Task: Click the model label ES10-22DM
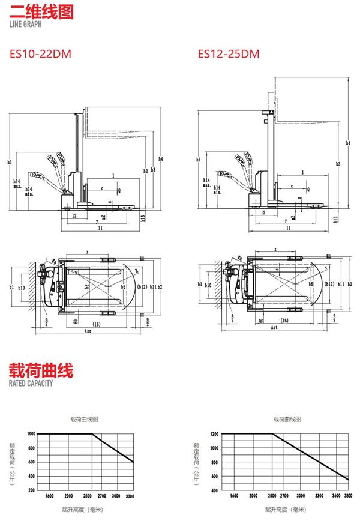(x=40, y=54)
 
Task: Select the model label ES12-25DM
(x=229, y=54)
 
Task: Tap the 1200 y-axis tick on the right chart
(x=214, y=433)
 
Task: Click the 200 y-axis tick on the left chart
(x=32, y=490)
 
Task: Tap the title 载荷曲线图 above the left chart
(x=84, y=418)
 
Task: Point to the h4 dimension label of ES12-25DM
(x=349, y=143)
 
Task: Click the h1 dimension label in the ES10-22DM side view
(x=10, y=162)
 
